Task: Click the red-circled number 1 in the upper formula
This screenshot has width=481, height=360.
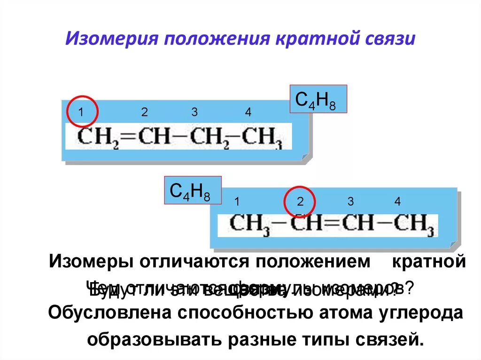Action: pos(81,113)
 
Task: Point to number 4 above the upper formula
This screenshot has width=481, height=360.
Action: pos(248,113)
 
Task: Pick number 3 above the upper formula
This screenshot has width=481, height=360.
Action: pos(194,113)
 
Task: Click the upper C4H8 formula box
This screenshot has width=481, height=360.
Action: pos(318,99)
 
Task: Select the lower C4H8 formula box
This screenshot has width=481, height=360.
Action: pos(193,190)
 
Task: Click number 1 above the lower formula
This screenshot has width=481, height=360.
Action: pos(238,202)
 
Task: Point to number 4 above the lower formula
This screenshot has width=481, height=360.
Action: pos(397,202)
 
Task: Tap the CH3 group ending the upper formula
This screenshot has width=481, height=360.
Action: pos(263,137)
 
